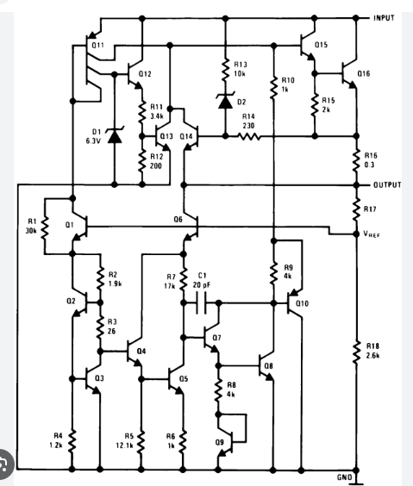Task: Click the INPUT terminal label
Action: [384, 18]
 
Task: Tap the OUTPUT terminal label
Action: [387, 185]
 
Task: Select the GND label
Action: [345, 477]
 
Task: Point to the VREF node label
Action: [372, 234]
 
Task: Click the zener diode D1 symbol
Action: [115, 135]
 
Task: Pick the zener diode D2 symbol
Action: [225, 101]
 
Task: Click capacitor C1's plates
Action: [201, 302]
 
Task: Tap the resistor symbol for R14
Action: [249, 136]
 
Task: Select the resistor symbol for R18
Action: [356, 352]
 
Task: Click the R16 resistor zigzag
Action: [356, 161]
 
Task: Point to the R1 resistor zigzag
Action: [45, 227]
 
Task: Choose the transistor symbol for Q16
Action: [349, 74]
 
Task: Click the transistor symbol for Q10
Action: [295, 303]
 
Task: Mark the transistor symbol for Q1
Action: [79, 227]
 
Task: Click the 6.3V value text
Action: [93, 141]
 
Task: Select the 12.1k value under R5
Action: [125, 445]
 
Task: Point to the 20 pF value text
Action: [202, 284]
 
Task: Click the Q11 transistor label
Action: [97, 45]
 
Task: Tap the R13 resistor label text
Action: [241, 64]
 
